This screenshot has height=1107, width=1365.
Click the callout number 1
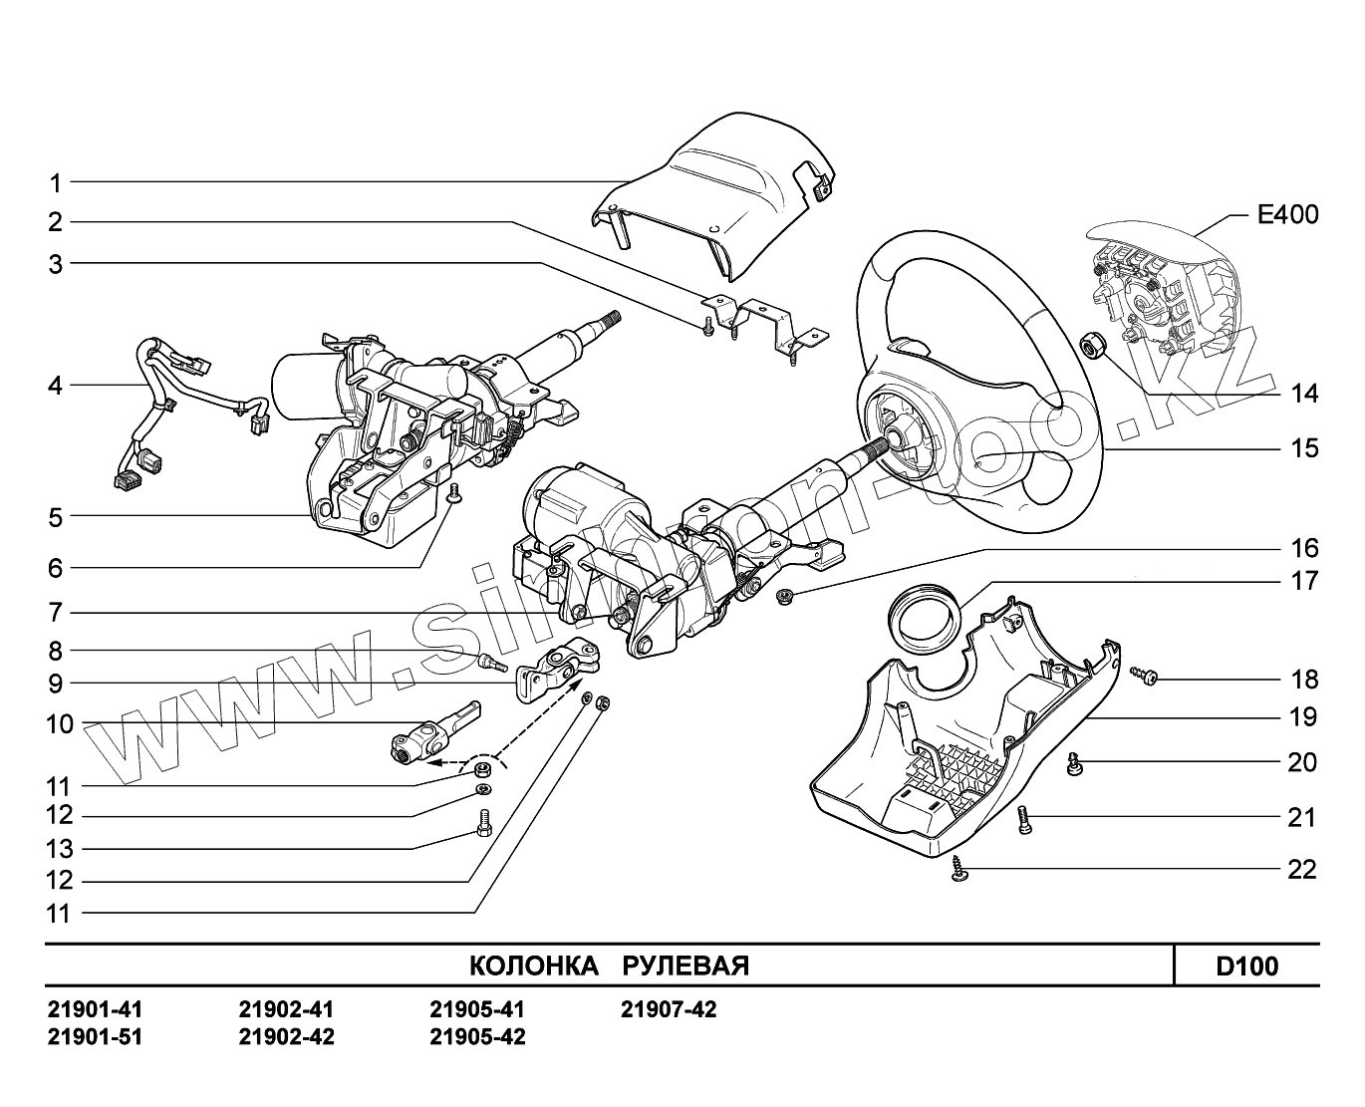[x=56, y=183]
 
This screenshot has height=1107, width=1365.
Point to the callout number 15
[x=1303, y=448]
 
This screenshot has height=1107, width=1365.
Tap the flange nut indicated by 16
[x=784, y=597]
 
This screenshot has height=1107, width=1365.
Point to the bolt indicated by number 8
[x=491, y=660]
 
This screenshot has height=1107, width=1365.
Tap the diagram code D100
[x=1246, y=967]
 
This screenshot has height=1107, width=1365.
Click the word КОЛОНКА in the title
[x=533, y=967]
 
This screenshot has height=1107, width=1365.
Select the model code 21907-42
[x=669, y=1010]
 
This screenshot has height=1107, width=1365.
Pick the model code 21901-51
[x=95, y=1037]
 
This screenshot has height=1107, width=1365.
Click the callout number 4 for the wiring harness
[x=56, y=386]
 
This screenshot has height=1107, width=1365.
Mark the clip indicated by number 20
[x=1074, y=765]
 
